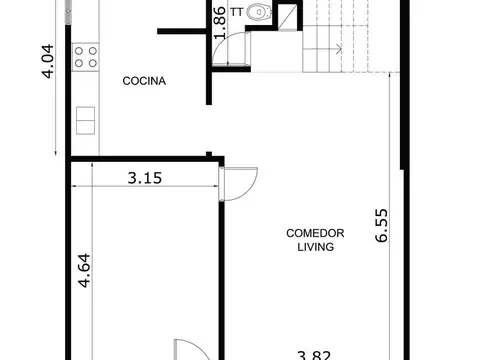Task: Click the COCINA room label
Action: (x=144, y=80)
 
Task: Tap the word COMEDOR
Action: (x=315, y=233)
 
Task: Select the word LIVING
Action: (x=315, y=248)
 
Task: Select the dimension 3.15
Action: (x=146, y=180)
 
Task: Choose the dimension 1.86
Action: (x=219, y=22)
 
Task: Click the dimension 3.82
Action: (x=314, y=353)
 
